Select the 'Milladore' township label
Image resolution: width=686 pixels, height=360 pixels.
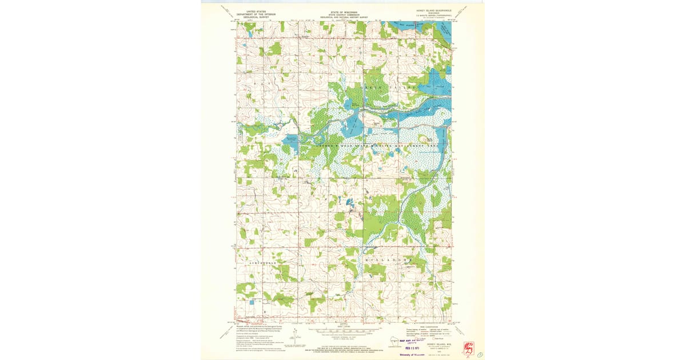[389, 260]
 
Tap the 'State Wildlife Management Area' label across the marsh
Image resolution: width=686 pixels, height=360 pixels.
[372, 147]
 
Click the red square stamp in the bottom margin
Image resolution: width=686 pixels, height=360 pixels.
[469, 346]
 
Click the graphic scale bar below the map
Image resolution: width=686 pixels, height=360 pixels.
[343, 330]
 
